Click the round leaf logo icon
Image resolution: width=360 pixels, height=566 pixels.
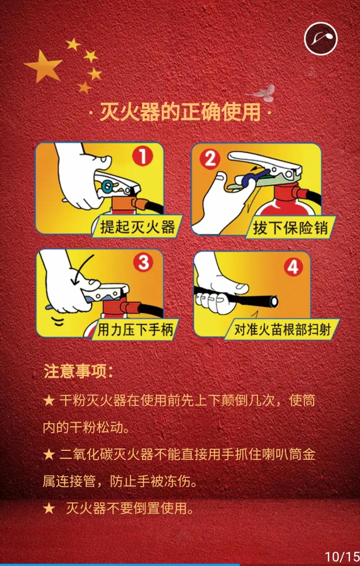pos(321,39)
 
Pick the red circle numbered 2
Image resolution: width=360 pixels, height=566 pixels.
pos(210,159)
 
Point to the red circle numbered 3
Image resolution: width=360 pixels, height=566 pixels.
pos(143,262)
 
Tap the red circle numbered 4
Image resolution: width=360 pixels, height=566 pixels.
pos(293,266)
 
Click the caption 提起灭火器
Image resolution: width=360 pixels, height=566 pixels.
pos(137,227)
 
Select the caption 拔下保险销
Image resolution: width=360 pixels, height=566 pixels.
pos(290,228)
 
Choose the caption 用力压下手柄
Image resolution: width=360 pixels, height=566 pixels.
pos(135,330)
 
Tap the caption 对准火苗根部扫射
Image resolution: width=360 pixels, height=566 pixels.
pos(282,330)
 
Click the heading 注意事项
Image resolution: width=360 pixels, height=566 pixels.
pos(78,371)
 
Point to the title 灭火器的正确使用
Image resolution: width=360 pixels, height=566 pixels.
pos(180,112)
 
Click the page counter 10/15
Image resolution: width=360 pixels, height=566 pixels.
pos(342,557)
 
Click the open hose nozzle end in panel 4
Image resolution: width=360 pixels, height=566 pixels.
pos(274,301)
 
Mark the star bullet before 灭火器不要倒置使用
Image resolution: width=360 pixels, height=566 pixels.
pos(49,508)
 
